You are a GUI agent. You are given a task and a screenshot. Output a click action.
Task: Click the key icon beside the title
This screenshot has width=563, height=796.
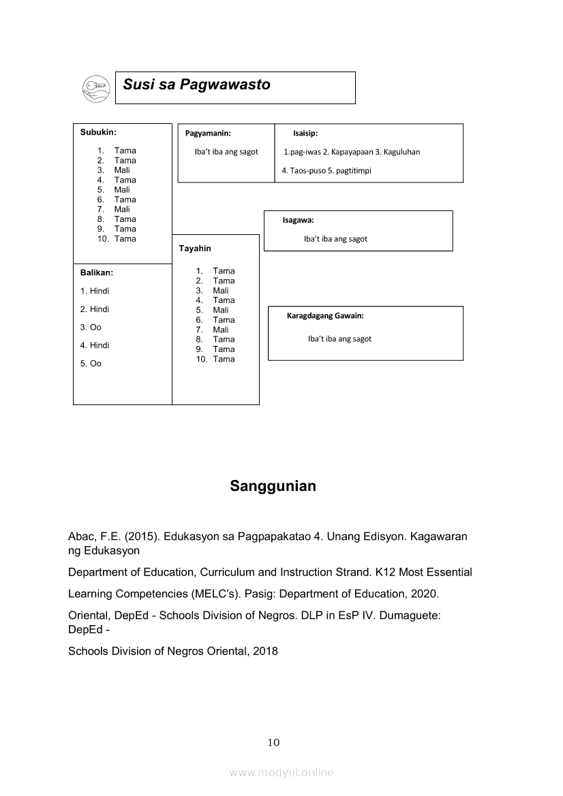95,87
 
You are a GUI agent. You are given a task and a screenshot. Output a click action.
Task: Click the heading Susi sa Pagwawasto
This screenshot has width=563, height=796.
196,85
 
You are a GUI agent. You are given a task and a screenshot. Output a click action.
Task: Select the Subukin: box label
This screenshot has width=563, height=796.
98,132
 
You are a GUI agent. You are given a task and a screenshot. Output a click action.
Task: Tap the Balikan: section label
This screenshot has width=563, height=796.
97,272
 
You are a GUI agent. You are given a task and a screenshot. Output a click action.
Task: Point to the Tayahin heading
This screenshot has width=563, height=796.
195,249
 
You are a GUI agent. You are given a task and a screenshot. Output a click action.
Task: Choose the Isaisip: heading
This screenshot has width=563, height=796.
305,133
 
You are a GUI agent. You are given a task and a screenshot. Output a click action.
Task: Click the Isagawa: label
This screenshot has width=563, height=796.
298,220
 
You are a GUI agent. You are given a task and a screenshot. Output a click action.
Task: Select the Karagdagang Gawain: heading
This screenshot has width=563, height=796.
325,316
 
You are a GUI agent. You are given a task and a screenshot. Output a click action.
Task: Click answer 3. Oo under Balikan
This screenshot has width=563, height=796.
91,328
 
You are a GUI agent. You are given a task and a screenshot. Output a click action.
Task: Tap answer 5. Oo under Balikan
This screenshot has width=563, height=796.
91,364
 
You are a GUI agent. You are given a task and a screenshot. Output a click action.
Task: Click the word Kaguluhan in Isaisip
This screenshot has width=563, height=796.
401,152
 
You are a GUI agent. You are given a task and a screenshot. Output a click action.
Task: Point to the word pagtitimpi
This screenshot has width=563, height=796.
353,171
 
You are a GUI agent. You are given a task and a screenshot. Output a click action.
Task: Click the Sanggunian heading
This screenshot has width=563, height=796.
273,486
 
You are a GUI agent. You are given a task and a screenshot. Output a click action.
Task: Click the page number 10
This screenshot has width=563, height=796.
273,743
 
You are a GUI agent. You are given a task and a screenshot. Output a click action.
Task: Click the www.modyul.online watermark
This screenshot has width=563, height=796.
281,773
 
